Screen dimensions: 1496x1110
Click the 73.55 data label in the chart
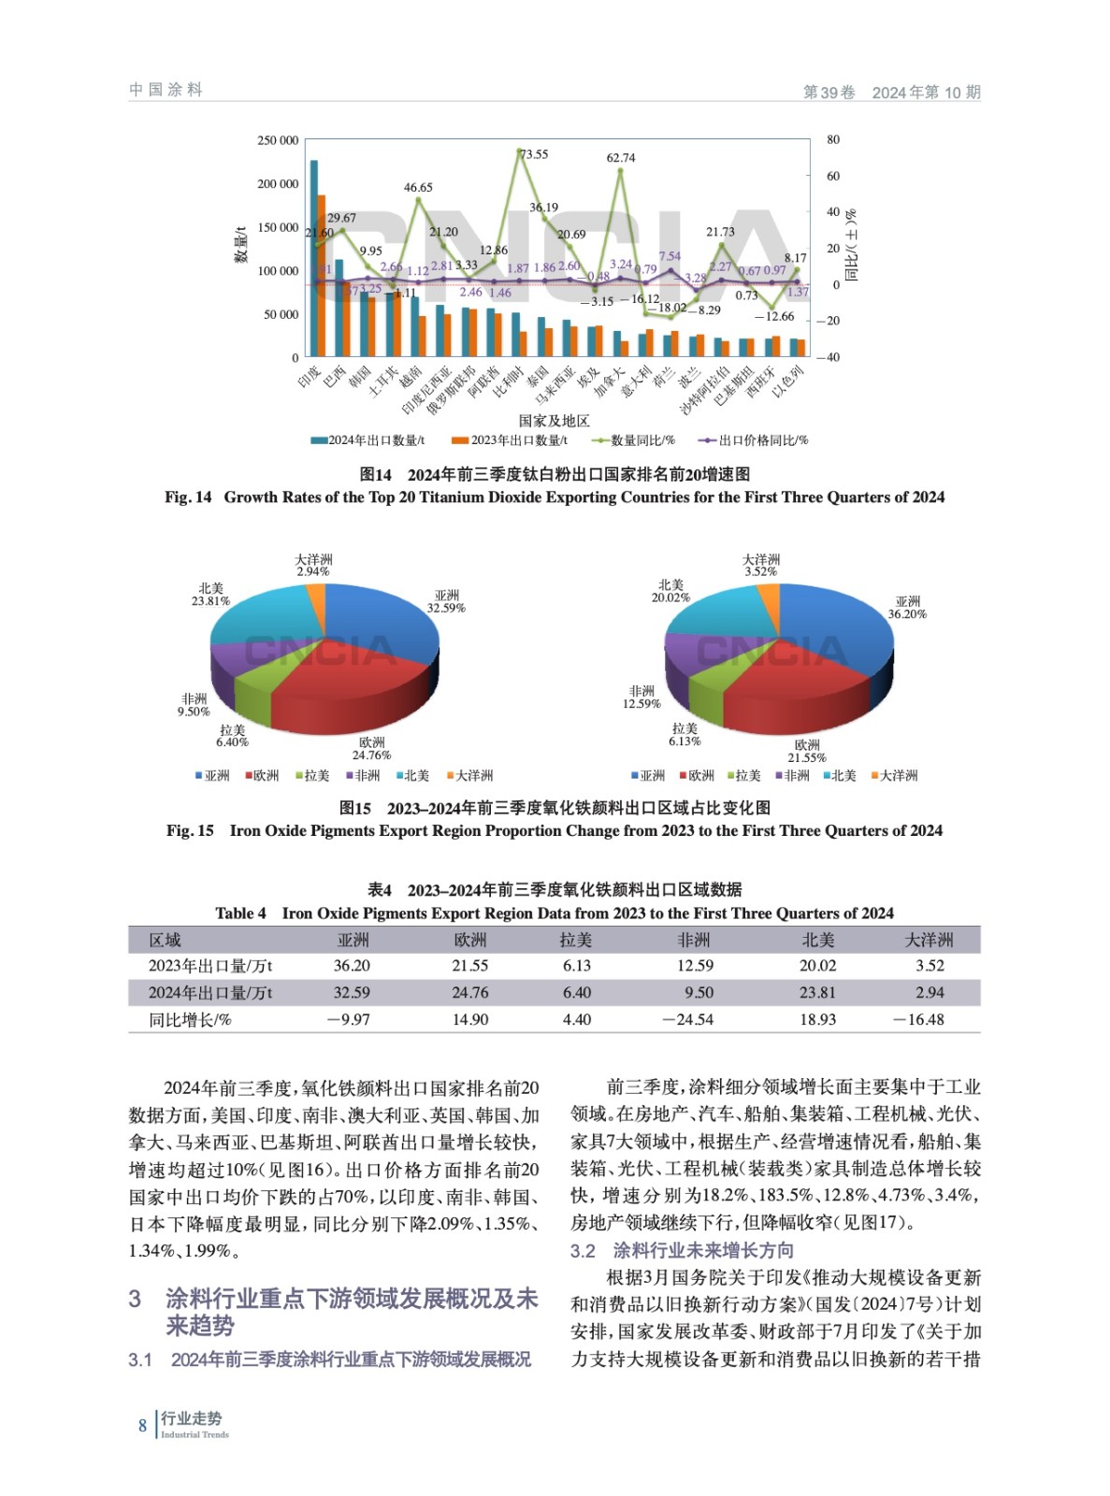click(534, 154)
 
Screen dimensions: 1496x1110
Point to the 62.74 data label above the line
click(621, 158)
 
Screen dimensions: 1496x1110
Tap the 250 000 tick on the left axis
click(278, 140)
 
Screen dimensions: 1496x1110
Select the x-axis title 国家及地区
click(554, 421)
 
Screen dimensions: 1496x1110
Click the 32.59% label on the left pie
click(446, 608)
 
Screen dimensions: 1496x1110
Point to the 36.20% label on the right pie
click(907, 614)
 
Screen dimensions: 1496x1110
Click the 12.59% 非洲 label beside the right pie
click(641, 703)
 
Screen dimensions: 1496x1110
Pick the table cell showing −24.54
click(687, 1019)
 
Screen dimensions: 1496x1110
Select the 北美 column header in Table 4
click(817, 940)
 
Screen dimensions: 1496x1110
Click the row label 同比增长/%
click(190, 1019)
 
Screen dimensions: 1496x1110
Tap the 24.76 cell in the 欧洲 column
click(469, 992)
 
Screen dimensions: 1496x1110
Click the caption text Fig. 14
click(188, 497)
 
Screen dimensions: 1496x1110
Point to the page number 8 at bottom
click(142, 1425)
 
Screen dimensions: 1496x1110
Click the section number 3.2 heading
click(583, 1251)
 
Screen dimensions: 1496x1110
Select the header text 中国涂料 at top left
click(166, 90)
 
